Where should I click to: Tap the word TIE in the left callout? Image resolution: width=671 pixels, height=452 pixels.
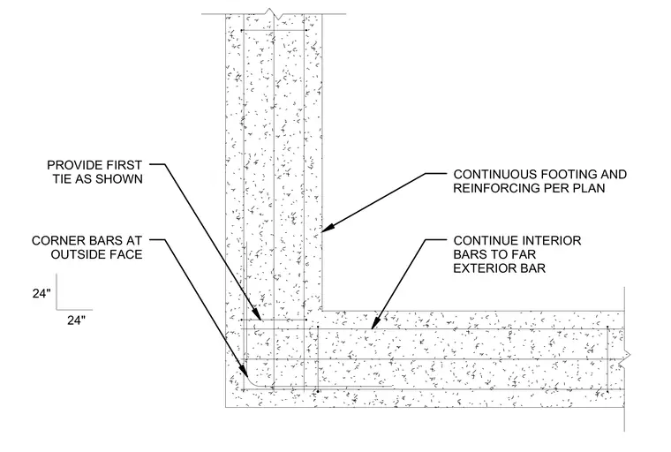pos(63,179)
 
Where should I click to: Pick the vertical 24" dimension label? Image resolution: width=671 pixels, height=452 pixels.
pos(41,293)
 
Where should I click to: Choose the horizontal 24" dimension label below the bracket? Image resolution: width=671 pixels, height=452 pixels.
pos(76,320)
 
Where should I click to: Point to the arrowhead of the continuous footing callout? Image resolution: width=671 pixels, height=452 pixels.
pos(326,229)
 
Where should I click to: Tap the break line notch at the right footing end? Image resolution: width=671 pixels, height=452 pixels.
pos(627,358)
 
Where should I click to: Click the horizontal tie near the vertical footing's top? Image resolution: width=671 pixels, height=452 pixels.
pos(274,30)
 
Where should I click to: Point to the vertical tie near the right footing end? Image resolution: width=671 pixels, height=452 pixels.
pos(607,359)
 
